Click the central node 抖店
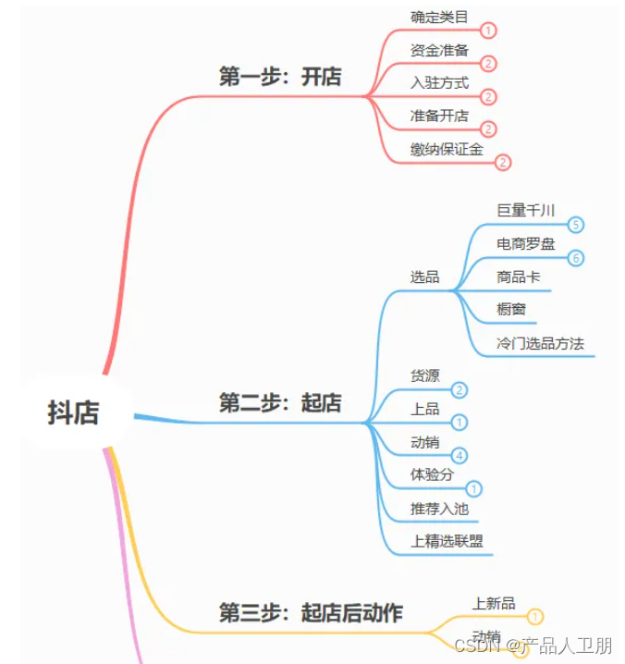[x=74, y=412]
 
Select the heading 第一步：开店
[x=279, y=77]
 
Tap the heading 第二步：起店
[x=279, y=403]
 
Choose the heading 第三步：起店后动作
[x=311, y=612]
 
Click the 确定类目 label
[x=439, y=17]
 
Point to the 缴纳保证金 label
[x=447, y=148]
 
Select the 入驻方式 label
[x=439, y=83]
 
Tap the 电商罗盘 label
[x=526, y=243]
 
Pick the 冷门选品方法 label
[x=540, y=343]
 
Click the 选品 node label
[x=425, y=277]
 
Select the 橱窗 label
[x=511, y=309]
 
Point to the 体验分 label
[x=432, y=474]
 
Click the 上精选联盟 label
[x=447, y=541]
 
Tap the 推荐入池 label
[x=439, y=508]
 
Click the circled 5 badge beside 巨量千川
[x=576, y=225]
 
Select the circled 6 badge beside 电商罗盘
[x=576, y=258]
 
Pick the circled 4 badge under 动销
[x=460, y=455]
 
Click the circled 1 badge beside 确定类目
[x=489, y=31]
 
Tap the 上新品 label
[x=494, y=603]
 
